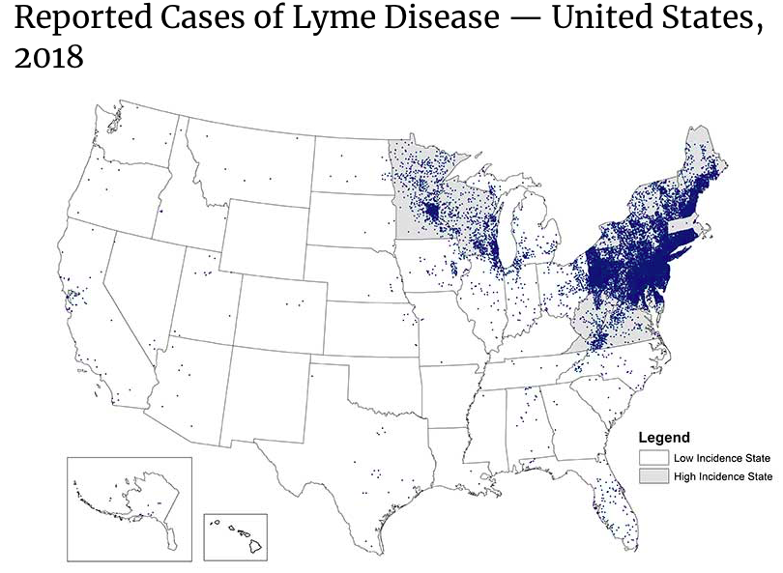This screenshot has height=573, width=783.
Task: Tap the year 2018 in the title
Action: [50, 59]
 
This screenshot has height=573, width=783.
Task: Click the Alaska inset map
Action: [129, 505]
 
